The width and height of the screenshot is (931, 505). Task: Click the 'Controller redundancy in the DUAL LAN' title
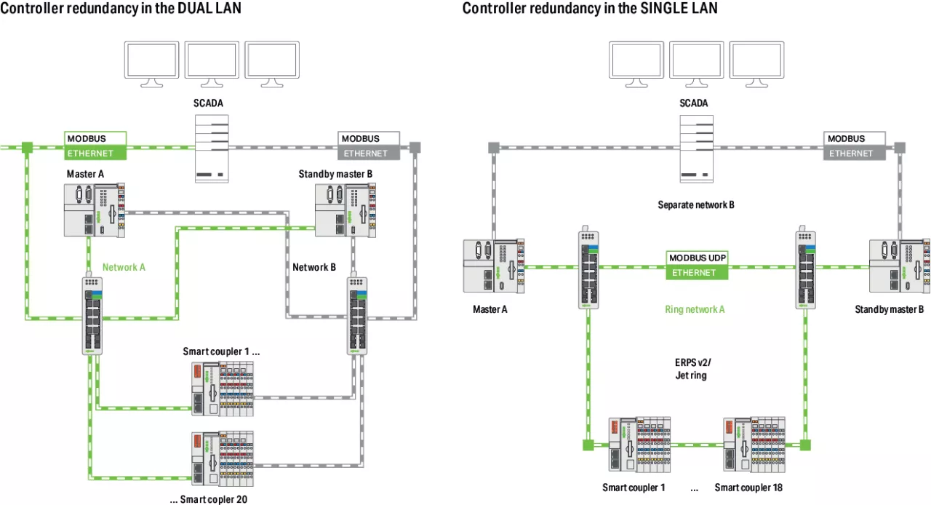pos(121,9)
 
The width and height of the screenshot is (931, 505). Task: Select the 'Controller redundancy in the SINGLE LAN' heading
pos(590,9)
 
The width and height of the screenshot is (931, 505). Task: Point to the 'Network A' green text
pos(124,267)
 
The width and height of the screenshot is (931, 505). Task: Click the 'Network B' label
pos(314,267)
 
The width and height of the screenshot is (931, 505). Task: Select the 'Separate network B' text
pos(696,205)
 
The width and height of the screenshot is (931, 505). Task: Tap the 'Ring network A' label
pos(695,309)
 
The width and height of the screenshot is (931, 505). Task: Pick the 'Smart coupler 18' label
pos(748,488)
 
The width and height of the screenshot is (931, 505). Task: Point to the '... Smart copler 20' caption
pos(208,499)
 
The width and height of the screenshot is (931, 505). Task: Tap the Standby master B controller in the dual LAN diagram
pos(346,210)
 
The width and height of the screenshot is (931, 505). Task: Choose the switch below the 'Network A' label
pos(93,315)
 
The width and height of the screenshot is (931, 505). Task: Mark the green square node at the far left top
pos(26,148)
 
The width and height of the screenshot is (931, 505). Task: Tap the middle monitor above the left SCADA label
pos(211,63)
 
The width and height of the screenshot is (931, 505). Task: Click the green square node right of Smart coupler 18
pos(804,445)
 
